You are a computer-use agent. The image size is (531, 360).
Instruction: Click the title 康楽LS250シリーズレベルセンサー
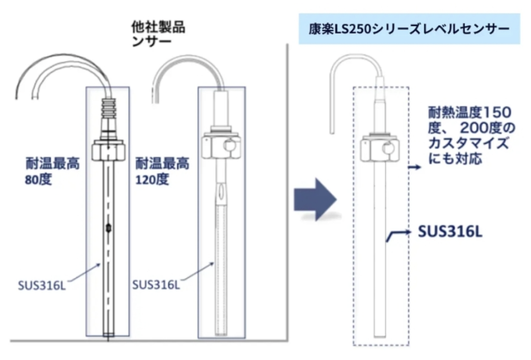[x=409, y=29]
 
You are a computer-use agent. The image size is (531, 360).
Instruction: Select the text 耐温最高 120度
[x=162, y=172]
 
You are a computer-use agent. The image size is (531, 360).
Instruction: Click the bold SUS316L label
[x=450, y=231]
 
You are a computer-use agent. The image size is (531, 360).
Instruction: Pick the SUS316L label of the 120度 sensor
[x=156, y=285]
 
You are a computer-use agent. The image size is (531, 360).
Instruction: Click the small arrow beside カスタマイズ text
[x=414, y=168]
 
